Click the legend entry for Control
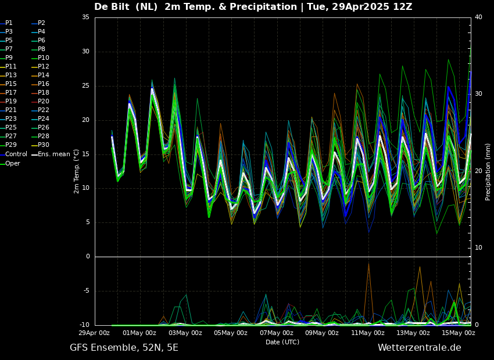[16, 154]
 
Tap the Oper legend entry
[13, 163]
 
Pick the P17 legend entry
[11, 93]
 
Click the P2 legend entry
[41, 23]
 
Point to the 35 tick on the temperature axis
[85, 17]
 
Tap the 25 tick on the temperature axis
[85, 86]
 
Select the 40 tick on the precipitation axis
[478, 17]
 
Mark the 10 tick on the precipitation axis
[478, 248]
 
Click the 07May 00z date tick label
[276, 333]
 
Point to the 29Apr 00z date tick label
[94, 333]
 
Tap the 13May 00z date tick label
[413, 333]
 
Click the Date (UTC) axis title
[282, 343]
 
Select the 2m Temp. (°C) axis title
[76, 171]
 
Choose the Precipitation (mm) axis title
[488, 172]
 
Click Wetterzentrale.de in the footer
[419, 348]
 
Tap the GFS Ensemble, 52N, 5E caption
[124, 348]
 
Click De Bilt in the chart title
[114, 7]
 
